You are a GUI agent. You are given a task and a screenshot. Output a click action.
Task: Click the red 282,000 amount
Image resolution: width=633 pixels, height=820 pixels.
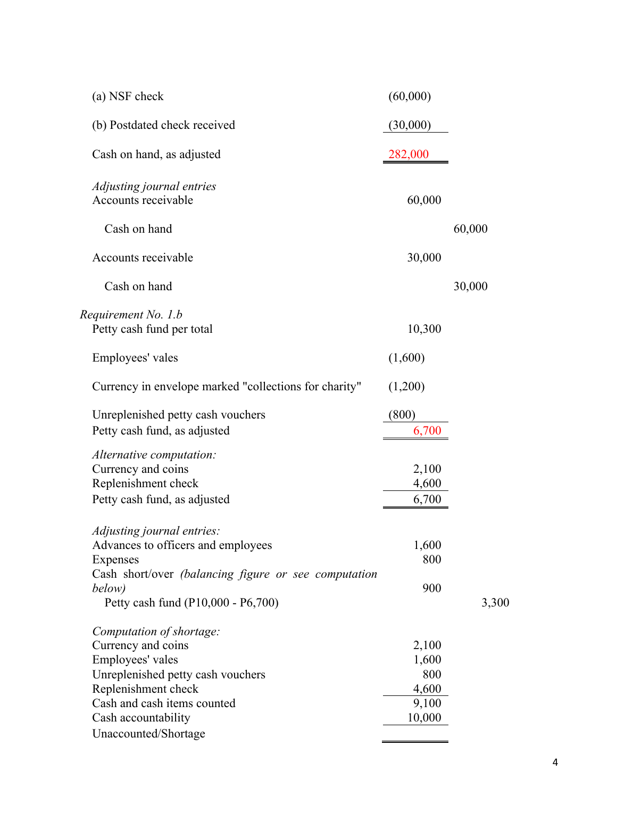[x=408, y=154]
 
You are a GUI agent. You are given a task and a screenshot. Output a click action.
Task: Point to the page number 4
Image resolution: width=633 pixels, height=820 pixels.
[x=555, y=762]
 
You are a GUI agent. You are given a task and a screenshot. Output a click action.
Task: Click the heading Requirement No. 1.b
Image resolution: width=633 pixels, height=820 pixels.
[x=131, y=315]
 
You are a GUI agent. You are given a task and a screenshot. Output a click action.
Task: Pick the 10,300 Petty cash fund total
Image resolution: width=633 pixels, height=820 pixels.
[x=424, y=329]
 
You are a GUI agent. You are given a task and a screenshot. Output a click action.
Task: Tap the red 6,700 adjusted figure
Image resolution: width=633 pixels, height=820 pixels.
[x=427, y=431]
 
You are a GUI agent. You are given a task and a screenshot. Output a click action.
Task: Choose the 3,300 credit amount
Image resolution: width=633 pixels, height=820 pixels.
[x=495, y=603]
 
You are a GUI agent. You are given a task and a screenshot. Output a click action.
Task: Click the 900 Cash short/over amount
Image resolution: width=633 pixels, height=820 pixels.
[x=431, y=588]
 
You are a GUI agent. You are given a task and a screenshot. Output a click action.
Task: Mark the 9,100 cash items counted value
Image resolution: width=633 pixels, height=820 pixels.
[x=427, y=703]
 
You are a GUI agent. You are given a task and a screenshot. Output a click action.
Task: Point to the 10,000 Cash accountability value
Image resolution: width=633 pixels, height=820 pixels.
[x=424, y=718]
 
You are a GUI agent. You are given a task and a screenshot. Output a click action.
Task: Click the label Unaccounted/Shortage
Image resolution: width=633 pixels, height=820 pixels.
[x=148, y=734]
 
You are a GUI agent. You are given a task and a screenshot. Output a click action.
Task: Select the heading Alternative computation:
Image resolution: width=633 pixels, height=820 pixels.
[x=154, y=455]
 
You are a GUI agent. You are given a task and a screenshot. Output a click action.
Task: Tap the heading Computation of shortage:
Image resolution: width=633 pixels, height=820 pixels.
[x=156, y=632]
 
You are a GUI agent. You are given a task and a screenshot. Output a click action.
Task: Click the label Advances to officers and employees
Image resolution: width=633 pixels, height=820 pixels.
[x=182, y=545]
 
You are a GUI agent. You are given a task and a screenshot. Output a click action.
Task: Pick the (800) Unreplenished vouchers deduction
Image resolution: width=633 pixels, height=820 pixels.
[x=402, y=415]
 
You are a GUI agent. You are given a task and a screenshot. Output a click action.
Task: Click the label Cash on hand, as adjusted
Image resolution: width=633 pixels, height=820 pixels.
[x=156, y=154]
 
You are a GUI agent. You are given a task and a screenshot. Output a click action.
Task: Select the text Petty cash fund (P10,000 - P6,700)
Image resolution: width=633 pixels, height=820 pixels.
[x=191, y=603]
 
